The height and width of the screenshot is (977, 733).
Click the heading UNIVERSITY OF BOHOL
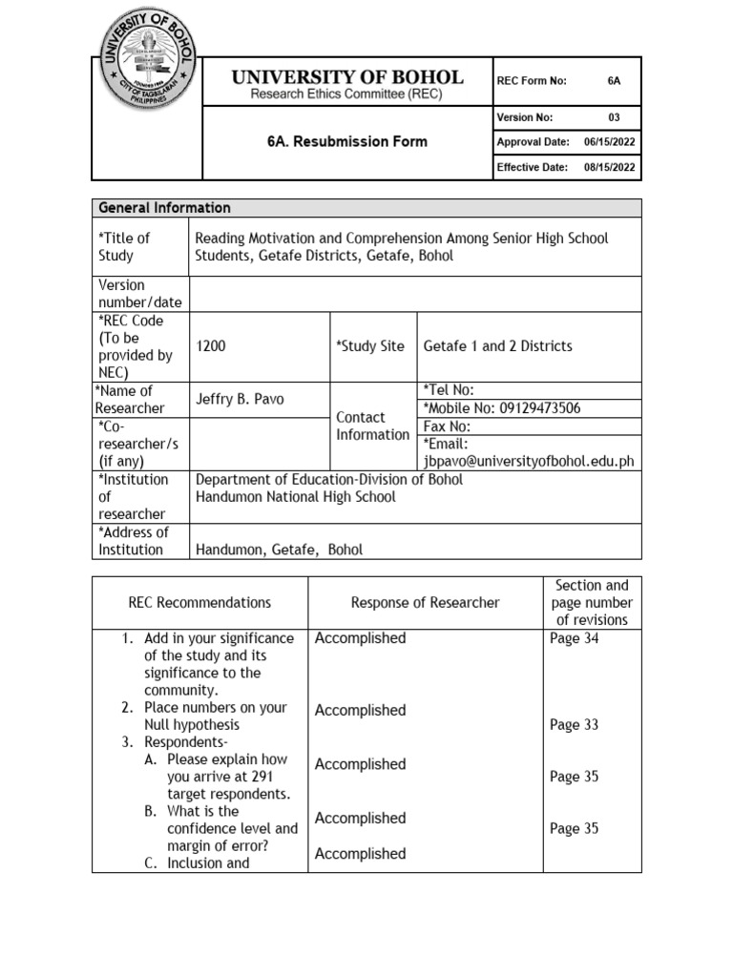tap(346, 77)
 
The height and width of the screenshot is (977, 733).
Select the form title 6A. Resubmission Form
tap(346, 141)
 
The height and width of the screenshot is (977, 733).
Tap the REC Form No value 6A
tap(614, 81)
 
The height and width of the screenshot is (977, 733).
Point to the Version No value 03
tap(614, 117)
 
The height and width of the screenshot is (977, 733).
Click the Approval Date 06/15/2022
tap(609, 142)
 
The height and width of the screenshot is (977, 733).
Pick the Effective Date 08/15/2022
tap(609, 168)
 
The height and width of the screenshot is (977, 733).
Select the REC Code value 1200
tap(211, 346)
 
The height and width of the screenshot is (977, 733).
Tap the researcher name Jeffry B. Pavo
tap(240, 399)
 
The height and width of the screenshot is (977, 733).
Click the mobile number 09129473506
tap(534, 408)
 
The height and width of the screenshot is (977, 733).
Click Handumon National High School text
tap(295, 497)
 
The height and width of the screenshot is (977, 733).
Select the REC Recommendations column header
tap(199, 602)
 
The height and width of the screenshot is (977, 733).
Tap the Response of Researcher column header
tap(425, 602)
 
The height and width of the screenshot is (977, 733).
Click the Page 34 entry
tap(574, 639)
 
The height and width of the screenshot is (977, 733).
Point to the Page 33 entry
tap(574, 725)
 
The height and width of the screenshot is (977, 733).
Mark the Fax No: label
tap(447, 426)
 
